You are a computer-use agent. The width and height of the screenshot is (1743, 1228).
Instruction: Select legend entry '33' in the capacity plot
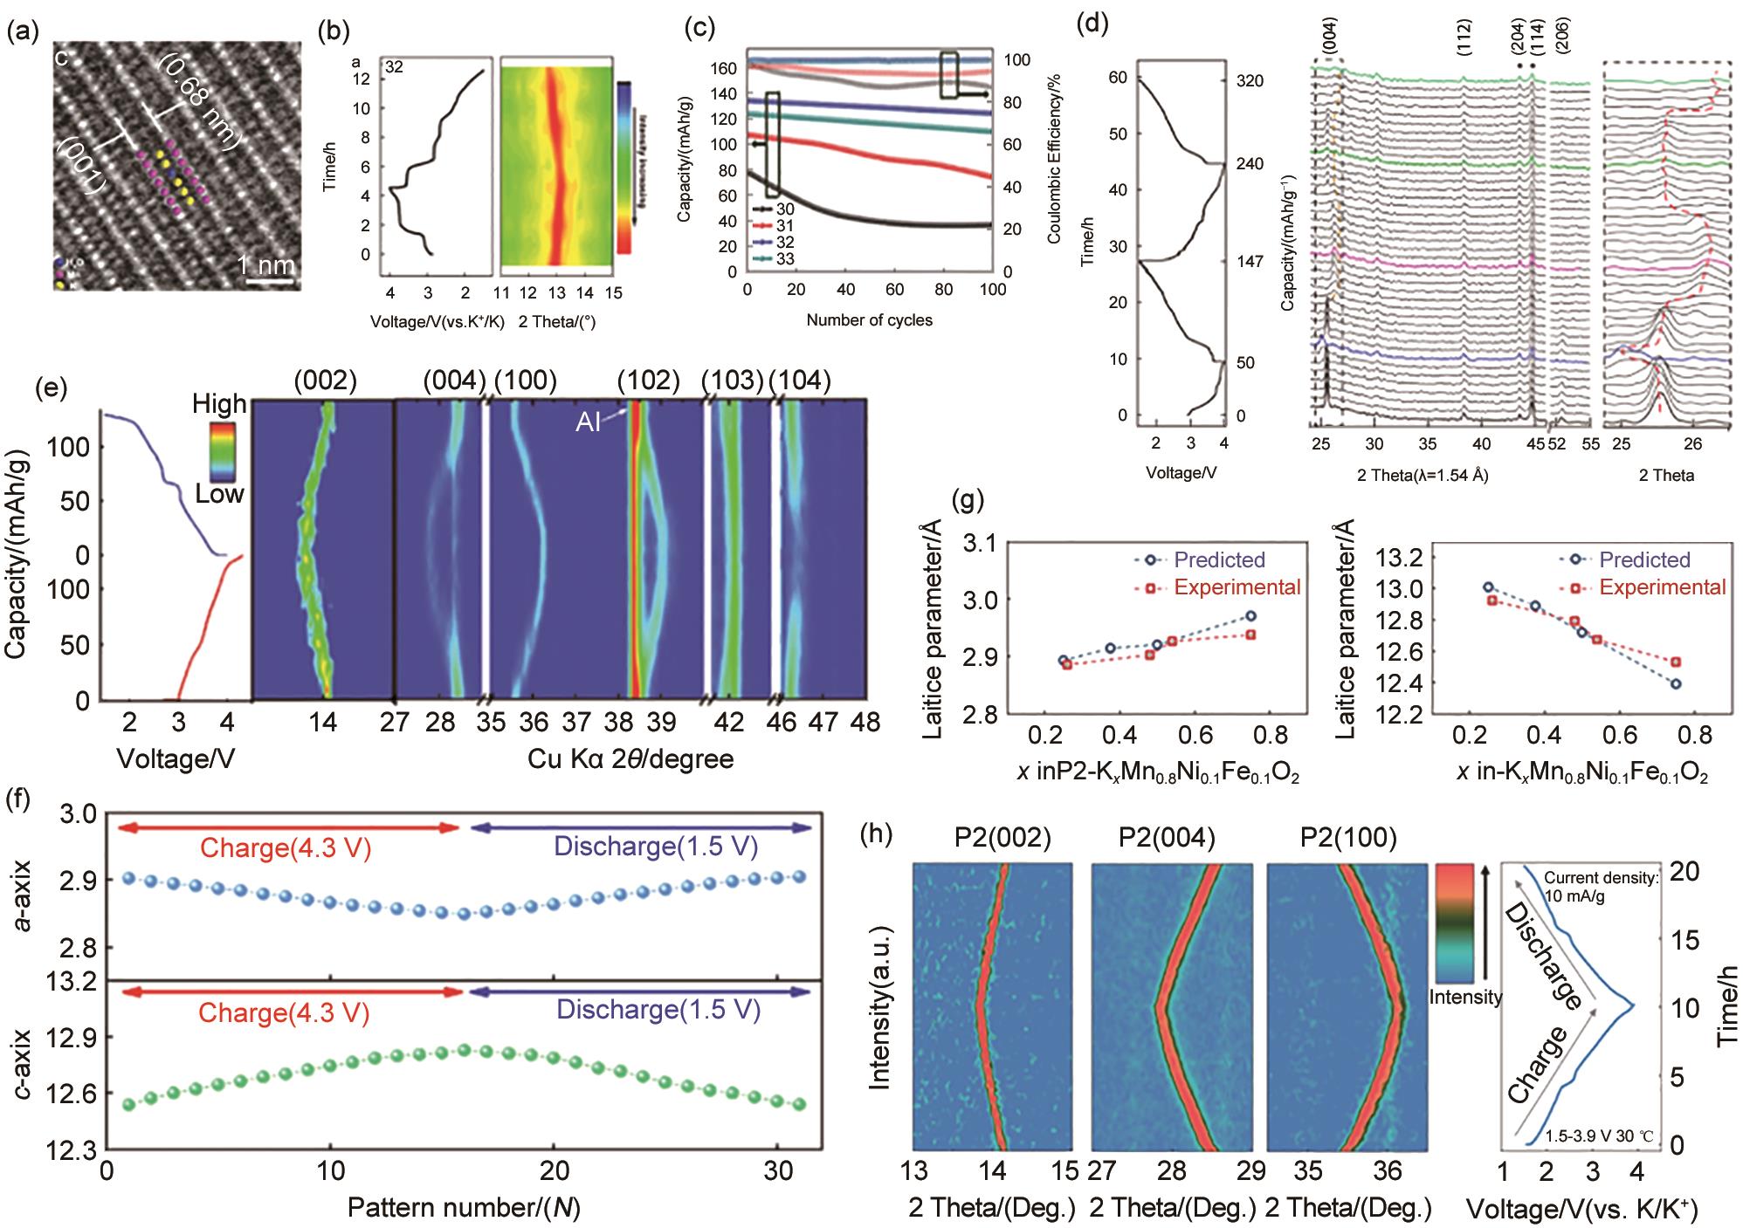(x=784, y=259)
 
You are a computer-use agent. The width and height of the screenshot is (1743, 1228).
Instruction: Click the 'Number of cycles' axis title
(x=869, y=320)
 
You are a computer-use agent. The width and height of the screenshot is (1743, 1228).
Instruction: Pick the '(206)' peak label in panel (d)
(x=1563, y=37)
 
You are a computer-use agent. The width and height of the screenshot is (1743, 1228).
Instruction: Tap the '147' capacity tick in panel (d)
(x=1250, y=261)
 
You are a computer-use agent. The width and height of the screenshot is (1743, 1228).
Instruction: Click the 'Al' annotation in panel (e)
(x=588, y=423)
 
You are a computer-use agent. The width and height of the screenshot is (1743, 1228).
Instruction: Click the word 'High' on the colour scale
(x=219, y=404)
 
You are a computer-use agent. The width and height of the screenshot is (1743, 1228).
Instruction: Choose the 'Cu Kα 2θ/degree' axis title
(x=630, y=759)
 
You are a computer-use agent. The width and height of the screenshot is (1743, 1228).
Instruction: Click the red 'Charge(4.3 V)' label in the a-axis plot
(x=286, y=848)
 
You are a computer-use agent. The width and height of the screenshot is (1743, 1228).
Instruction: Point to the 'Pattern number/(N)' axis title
(x=464, y=1208)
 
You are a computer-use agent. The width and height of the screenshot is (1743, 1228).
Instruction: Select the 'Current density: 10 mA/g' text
(x=1600, y=888)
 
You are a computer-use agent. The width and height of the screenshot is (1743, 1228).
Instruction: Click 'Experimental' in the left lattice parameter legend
(x=1237, y=587)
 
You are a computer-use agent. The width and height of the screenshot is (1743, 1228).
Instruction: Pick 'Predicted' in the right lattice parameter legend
(x=1644, y=559)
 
